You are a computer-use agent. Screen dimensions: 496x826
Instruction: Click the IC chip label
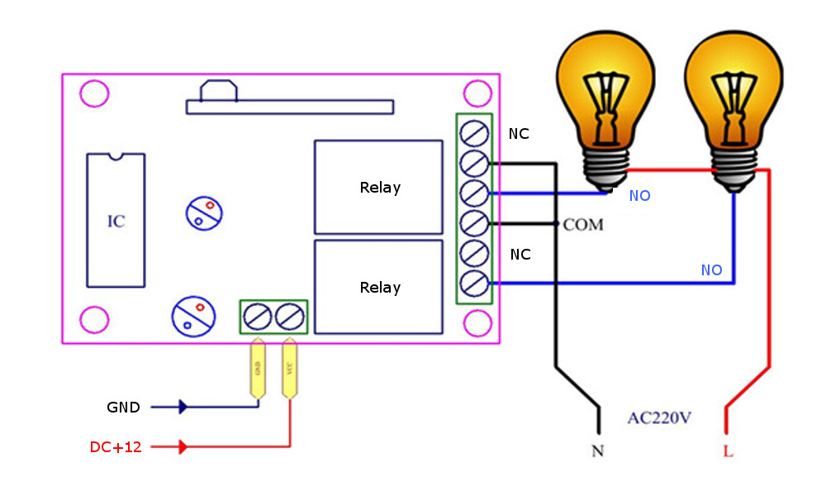pyautogui.click(x=116, y=222)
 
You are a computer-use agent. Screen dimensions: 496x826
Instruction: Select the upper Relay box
pyautogui.click(x=379, y=188)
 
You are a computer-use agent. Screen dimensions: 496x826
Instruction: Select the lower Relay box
pyautogui.click(x=379, y=287)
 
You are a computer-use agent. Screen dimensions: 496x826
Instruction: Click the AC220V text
pyautogui.click(x=658, y=417)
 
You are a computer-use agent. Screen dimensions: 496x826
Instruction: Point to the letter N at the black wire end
pyautogui.click(x=597, y=451)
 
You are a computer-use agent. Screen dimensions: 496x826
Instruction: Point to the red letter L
pyautogui.click(x=727, y=452)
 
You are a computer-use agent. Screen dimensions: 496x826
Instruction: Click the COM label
pyautogui.click(x=584, y=225)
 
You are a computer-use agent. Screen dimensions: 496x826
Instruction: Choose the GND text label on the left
pyautogui.click(x=123, y=408)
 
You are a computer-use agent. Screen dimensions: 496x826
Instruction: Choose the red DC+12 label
pyautogui.click(x=116, y=447)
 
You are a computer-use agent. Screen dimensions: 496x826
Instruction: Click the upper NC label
pyautogui.click(x=520, y=134)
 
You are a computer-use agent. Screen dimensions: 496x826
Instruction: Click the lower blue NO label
pyautogui.click(x=711, y=270)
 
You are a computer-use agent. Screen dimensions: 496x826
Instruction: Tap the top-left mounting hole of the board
pyautogui.click(x=93, y=93)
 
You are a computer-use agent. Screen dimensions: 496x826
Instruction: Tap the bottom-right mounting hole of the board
pyautogui.click(x=477, y=322)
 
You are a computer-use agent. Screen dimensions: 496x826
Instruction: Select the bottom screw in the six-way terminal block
pyautogui.click(x=474, y=283)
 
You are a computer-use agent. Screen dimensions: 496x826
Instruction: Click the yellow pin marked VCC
pyautogui.click(x=289, y=368)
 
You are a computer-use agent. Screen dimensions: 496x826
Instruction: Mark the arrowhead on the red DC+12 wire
pyautogui.click(x=183, y=447)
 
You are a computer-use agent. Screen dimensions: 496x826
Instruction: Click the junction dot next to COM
pyautogui.click(x=558, y=224)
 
